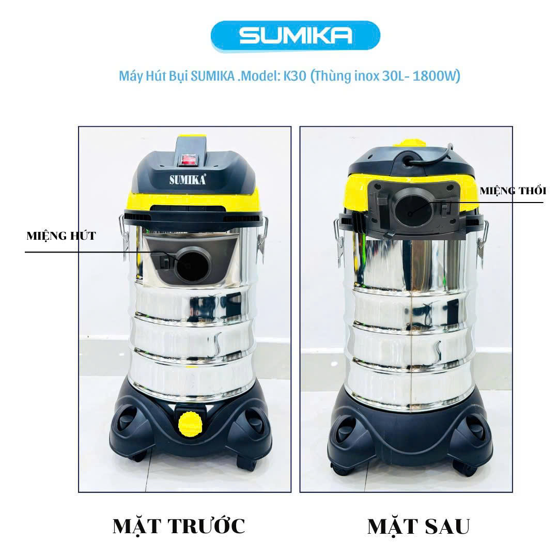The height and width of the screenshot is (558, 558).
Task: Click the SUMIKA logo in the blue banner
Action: [x=296, y=36]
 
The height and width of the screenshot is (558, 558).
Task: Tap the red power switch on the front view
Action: [x=189, y=159]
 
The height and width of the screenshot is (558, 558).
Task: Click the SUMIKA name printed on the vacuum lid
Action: [x=188, y=179]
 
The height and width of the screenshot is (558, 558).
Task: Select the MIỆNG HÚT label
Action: [x=61, y=236]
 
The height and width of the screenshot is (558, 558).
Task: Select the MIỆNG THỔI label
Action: [x=513, y=191]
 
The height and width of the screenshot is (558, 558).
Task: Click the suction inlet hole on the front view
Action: [x=193, y=265]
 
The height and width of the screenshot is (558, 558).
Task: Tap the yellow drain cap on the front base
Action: [x=190, y=424]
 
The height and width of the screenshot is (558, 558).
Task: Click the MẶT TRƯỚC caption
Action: [x=179, y=526]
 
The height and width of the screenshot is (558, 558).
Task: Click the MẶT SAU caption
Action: [x=419, y=526]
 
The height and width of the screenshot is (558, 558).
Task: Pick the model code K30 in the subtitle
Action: [x=295, y=76]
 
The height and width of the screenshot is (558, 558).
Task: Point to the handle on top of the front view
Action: [x=191, y=149]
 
